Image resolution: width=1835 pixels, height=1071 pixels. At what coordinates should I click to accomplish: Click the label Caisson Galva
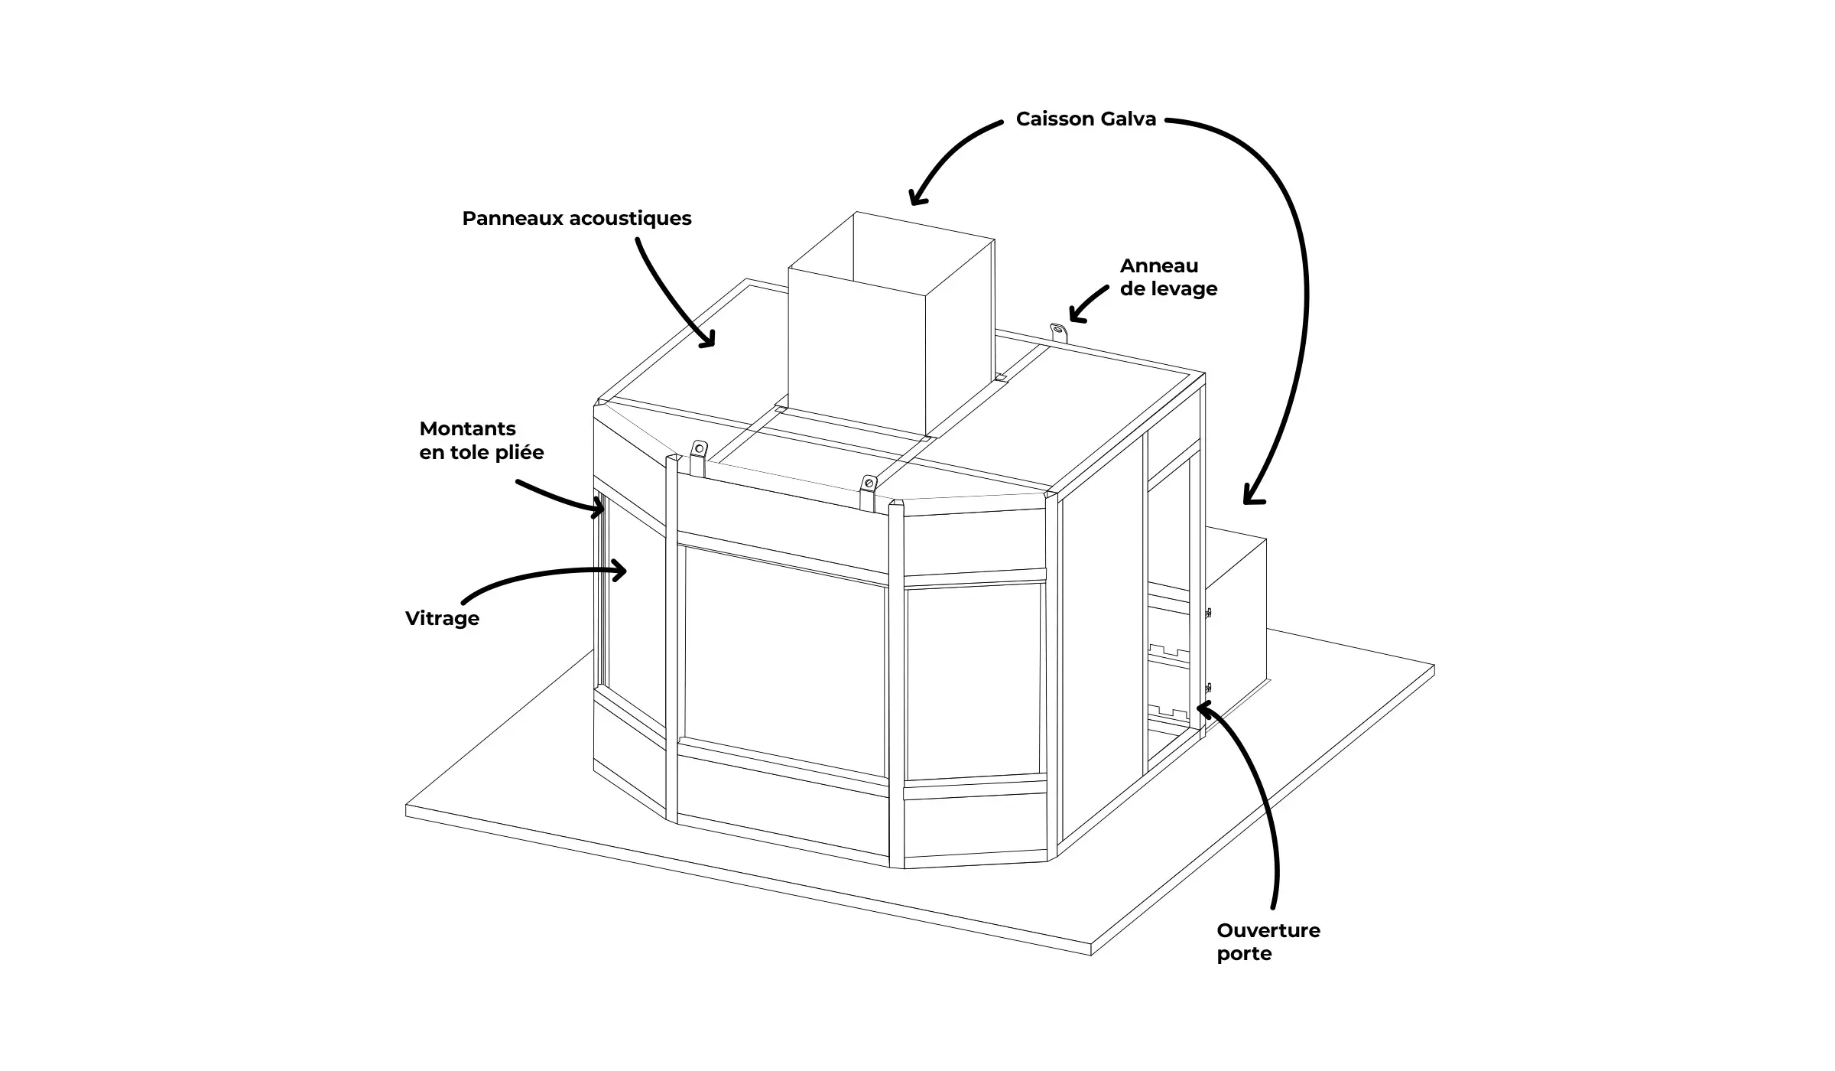coord(1085,119)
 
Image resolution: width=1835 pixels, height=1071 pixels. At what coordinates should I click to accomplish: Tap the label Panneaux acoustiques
coord(576,219)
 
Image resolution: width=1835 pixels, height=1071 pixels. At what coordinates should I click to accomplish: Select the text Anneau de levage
coord(1168,277)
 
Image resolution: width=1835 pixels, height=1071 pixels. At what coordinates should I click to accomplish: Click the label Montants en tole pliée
coord(481,441)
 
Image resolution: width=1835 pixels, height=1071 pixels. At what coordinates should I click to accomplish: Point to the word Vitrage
coord(442,618)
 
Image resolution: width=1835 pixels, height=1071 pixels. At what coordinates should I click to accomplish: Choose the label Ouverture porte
coord(1268,942)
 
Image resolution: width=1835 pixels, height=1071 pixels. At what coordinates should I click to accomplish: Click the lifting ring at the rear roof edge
coord(1058,334)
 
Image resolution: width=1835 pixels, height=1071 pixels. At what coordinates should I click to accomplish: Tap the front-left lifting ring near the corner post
coord(698,457)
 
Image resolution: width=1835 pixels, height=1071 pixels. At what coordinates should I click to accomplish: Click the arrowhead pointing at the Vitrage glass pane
coord(621,569)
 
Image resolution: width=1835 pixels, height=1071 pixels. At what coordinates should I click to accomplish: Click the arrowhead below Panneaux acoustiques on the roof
coord(708,341)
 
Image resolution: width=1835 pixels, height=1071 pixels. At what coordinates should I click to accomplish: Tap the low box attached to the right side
coord(1235,604)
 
